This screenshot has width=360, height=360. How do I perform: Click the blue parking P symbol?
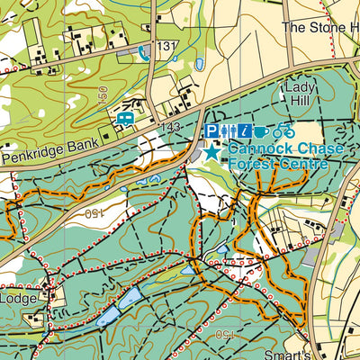tap(212, 131)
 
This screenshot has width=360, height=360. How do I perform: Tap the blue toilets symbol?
tap(229, 131)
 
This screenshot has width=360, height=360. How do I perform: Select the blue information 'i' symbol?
tap(245, 131)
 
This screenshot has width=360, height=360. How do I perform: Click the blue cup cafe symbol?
tap(262, 131)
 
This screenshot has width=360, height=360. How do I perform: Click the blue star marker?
tap(211, 152)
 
